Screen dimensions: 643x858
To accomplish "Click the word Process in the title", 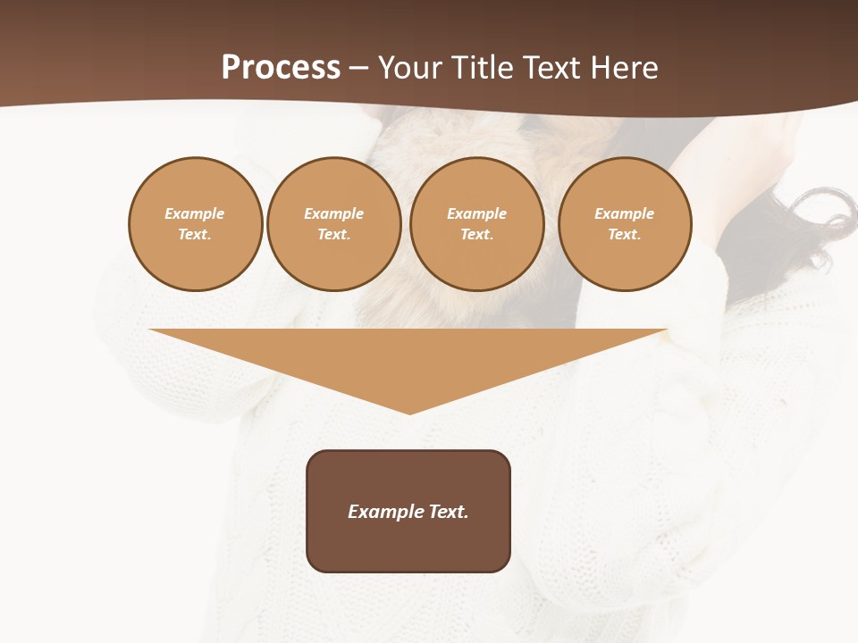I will tap(281, 67).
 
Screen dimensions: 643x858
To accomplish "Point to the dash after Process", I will tap(358, 69).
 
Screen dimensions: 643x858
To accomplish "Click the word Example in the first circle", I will tap(195, 213).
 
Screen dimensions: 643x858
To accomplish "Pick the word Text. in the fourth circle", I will tap(625, 234).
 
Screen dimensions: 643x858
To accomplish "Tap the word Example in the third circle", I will tap(477, 213).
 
